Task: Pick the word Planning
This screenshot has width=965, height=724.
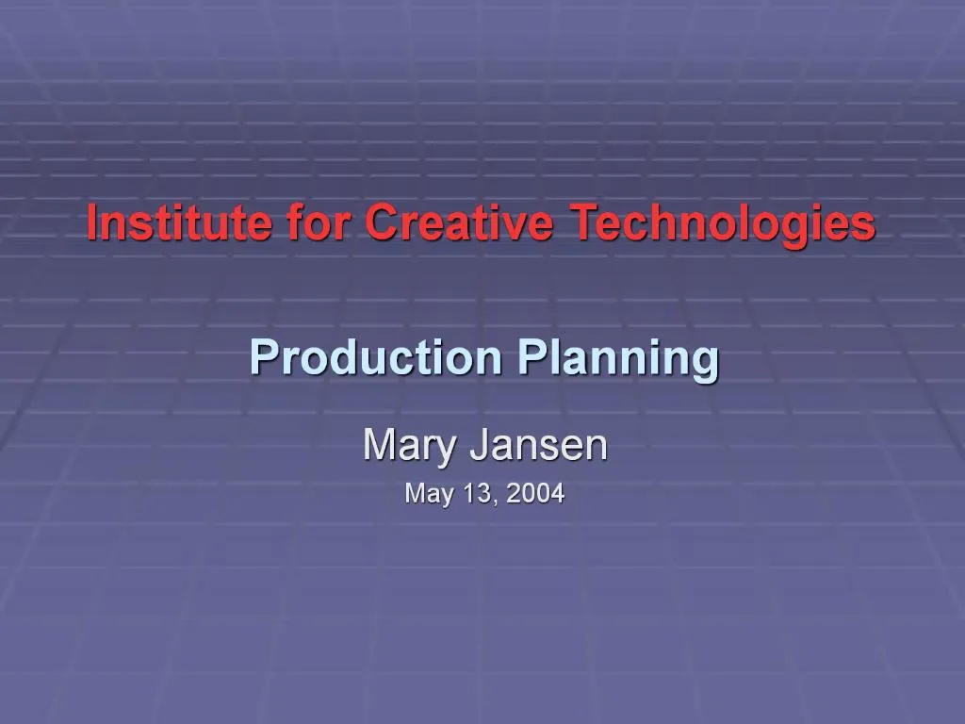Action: pos(617,359)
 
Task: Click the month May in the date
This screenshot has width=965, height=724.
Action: pos(425,494)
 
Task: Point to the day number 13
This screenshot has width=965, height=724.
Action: pos(474,493)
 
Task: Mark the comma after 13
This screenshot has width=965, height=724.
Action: pos(492,500)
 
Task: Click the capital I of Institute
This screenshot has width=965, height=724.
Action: pos(92,223)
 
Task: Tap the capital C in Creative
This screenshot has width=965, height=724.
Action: pos(382,223)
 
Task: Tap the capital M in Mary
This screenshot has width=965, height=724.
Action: pos(379,445)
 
